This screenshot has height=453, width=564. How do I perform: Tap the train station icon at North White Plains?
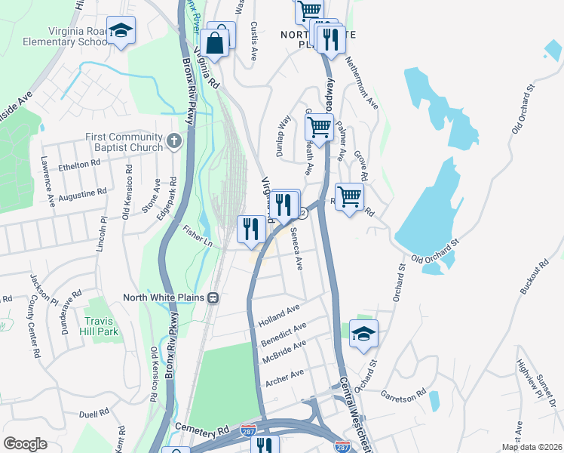[x=213, y=297]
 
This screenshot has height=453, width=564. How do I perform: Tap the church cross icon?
[x=174, y=140]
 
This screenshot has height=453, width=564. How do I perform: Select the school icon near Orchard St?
[x=363, y=334]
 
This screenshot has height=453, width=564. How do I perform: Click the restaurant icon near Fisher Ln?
[x=251, y=229]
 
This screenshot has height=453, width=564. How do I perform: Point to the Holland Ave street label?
[x=279, y=313]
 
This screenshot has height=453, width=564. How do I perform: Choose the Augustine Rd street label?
[x=82, y=195]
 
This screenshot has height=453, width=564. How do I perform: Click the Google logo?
[x=25, y=443]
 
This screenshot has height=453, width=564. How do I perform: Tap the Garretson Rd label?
[x=405, y=394]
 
